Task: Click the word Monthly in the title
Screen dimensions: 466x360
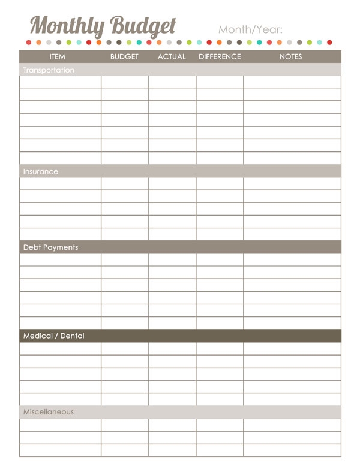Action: click(67, 26)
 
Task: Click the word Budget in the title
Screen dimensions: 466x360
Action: click(142, 26)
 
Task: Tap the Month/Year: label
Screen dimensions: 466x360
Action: click(250, 29)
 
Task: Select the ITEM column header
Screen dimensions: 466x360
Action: click(58, 57)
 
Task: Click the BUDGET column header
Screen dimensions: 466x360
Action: click(124, 57)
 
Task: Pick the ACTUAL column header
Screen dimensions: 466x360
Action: click(172, 57)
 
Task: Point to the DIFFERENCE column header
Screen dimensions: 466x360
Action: click(220, 57)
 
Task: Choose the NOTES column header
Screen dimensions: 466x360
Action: click(291, 57)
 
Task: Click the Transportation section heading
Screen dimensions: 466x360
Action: click(49, 70)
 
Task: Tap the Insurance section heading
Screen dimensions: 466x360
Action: click(41, 171)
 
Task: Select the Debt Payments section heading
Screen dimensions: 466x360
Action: click(50, 247)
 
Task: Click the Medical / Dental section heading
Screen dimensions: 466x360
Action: click(53, 336)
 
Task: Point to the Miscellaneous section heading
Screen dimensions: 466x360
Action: click(49, 412)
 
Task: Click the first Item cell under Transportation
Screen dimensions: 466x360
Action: click(61, 82)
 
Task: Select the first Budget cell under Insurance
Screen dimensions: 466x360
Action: click(125, 183)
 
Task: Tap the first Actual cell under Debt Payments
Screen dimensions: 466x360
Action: click(172, 259)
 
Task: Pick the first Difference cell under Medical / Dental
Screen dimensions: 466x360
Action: click(220, 348)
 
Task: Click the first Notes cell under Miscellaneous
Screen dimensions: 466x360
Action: click(292, 425)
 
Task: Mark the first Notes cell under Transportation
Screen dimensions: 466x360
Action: click(292, 82)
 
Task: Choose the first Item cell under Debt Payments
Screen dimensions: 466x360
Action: click(61, 259)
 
